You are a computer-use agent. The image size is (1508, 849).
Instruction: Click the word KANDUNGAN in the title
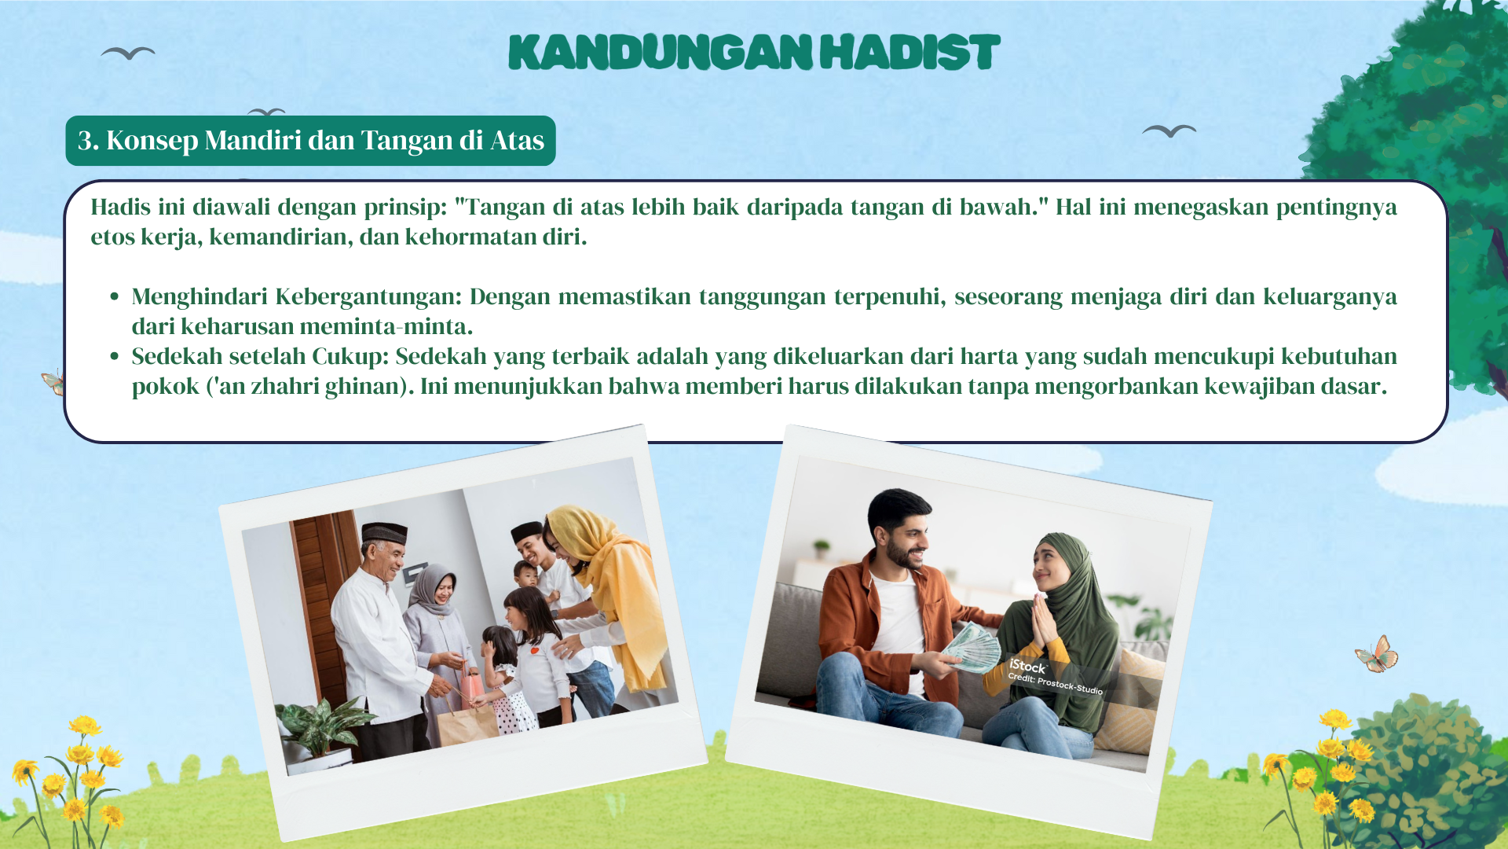(661, 52)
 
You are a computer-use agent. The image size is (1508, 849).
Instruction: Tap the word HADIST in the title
(910, 52)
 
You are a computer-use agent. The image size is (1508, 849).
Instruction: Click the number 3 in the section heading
(86, 140)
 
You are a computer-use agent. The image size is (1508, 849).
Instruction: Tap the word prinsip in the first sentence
(404, 208)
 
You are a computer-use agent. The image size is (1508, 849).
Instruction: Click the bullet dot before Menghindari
(115, 296)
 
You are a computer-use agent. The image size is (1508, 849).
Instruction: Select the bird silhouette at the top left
(128, 53)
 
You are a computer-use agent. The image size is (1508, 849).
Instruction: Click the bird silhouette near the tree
(1169, 130)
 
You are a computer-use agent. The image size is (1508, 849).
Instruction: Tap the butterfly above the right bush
(1377, 654)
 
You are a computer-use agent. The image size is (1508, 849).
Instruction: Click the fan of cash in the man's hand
(971, 647)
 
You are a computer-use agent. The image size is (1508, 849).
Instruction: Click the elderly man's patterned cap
(384, 534)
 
